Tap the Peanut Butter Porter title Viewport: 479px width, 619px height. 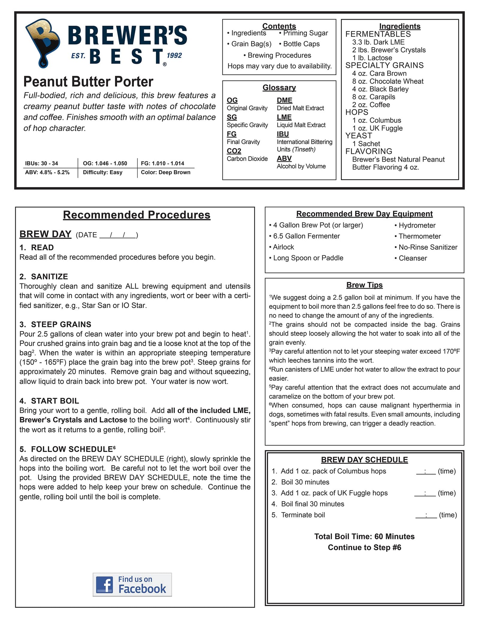coord(88,82)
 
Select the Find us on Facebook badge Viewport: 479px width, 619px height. coord(132,585)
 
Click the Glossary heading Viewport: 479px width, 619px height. coord(279,88)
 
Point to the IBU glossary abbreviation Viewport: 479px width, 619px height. coord(283,134)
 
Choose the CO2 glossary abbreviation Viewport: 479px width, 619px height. coord(234,151)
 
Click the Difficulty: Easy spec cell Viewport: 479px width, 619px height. coord(103,172)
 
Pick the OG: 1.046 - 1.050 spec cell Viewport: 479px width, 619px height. coord(105,163)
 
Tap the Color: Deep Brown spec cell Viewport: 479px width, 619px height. coord(166,172)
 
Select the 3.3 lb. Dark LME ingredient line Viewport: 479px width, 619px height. coord(378,42)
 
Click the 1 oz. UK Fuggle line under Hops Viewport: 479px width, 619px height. coord(377,128)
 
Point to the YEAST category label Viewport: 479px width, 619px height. coord(359,136)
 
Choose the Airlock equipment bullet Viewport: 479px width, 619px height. coord(283,247)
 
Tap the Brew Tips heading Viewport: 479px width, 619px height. coord(364,285)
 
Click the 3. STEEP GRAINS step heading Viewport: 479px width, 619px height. coord(55,324)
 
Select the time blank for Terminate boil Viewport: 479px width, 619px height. coord(426,515)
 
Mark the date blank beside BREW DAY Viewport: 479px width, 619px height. coord(118,235)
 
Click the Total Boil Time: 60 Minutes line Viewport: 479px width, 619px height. coord(364,536)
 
